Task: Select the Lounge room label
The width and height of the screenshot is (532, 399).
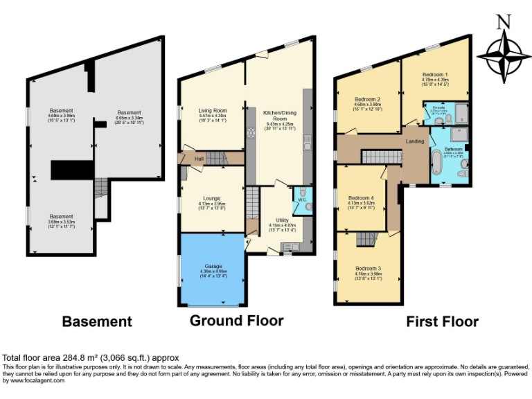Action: [x=211, y=198]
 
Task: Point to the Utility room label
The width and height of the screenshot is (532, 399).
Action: [x=282, y=220]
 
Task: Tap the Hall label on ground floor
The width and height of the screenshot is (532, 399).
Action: [x=199, y=159]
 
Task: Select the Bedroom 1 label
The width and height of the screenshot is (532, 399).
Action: [x=435, y=74]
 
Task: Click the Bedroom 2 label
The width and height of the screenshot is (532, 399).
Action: [x=367, y=99]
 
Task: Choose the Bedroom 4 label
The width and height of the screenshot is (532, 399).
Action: [x=364, y=197]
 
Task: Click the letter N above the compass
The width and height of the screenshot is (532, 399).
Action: [x=504, y=22]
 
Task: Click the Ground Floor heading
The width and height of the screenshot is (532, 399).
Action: [x=236, y=321]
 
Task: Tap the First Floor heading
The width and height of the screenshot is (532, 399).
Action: [x=442, y=321]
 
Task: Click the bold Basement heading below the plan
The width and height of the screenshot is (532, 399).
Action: [x=97, y=321]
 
